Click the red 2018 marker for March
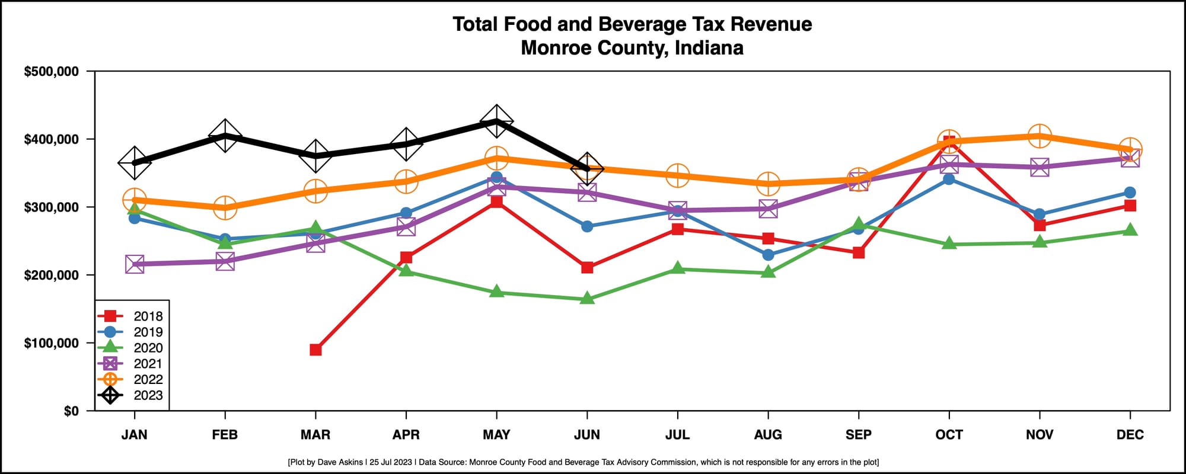point(315,350)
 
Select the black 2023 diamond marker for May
point(496,122)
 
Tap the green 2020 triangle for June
point(587,299)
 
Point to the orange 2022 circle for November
point(1040,136)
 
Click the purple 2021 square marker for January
point(135,264)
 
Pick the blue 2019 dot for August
point(768,255)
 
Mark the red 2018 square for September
point(859,252)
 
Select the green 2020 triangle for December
point(1130,230)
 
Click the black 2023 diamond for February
point(225,136)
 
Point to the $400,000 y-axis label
point(51,140)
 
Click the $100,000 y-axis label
point(51,344)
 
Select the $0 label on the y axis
point(71,411)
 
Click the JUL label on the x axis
point(677,435)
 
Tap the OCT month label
point(949,435)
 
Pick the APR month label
point(406,435)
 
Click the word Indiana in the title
point(709,47)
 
